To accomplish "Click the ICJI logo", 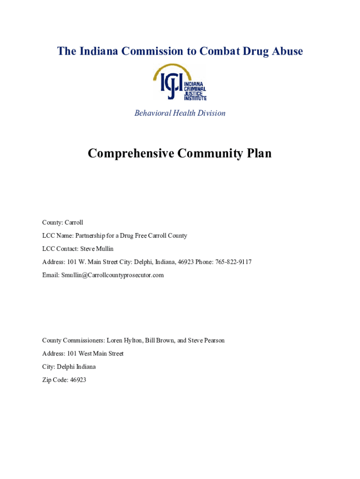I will pyautogui.click(x=180, y=82).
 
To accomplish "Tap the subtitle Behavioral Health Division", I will pyautogui.click(x=180, y=113).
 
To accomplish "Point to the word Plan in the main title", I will pyautogui.click(x=257, y=153).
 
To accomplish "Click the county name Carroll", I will pyautogui.click(x=74, y=223).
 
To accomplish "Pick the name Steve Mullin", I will pyautogui.click(x=97, y=249).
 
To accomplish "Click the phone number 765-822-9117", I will pyautogui.click(x=233, y=262).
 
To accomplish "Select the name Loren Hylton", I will pyautogui.click(x=124, y=341).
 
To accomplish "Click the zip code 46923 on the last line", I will pyautogui.click(x=78, y=380).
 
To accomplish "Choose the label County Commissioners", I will pyautogui.click(x=73, y=341).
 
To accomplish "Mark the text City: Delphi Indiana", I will pyautogui.click(x=69, y=367).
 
